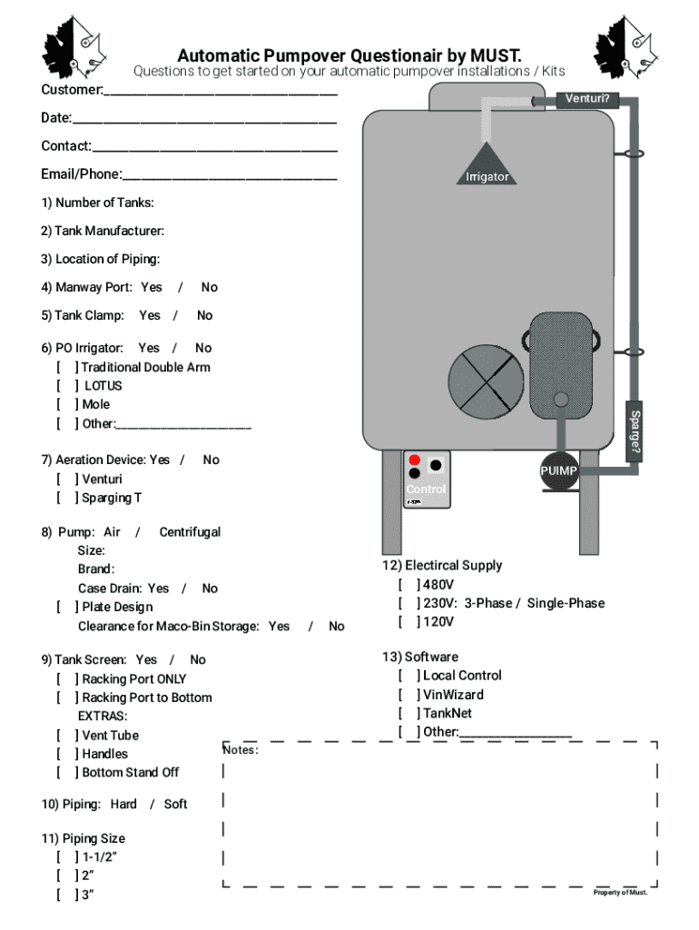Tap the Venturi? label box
(x=587, y=98)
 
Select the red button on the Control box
(x=415, y=460)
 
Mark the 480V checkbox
(x=409, y=585)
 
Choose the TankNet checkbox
(x=409, y=714)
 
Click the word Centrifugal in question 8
(x=190, y=532)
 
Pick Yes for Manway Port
(x=152, y=288)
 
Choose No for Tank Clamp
(x=205, y=316)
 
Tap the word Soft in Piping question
(x=176, y=805)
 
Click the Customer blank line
(x=221, y=92)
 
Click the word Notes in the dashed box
(x=241, y=750)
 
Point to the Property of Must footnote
(x=621, y=893)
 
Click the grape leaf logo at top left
(x=74, y=48)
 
